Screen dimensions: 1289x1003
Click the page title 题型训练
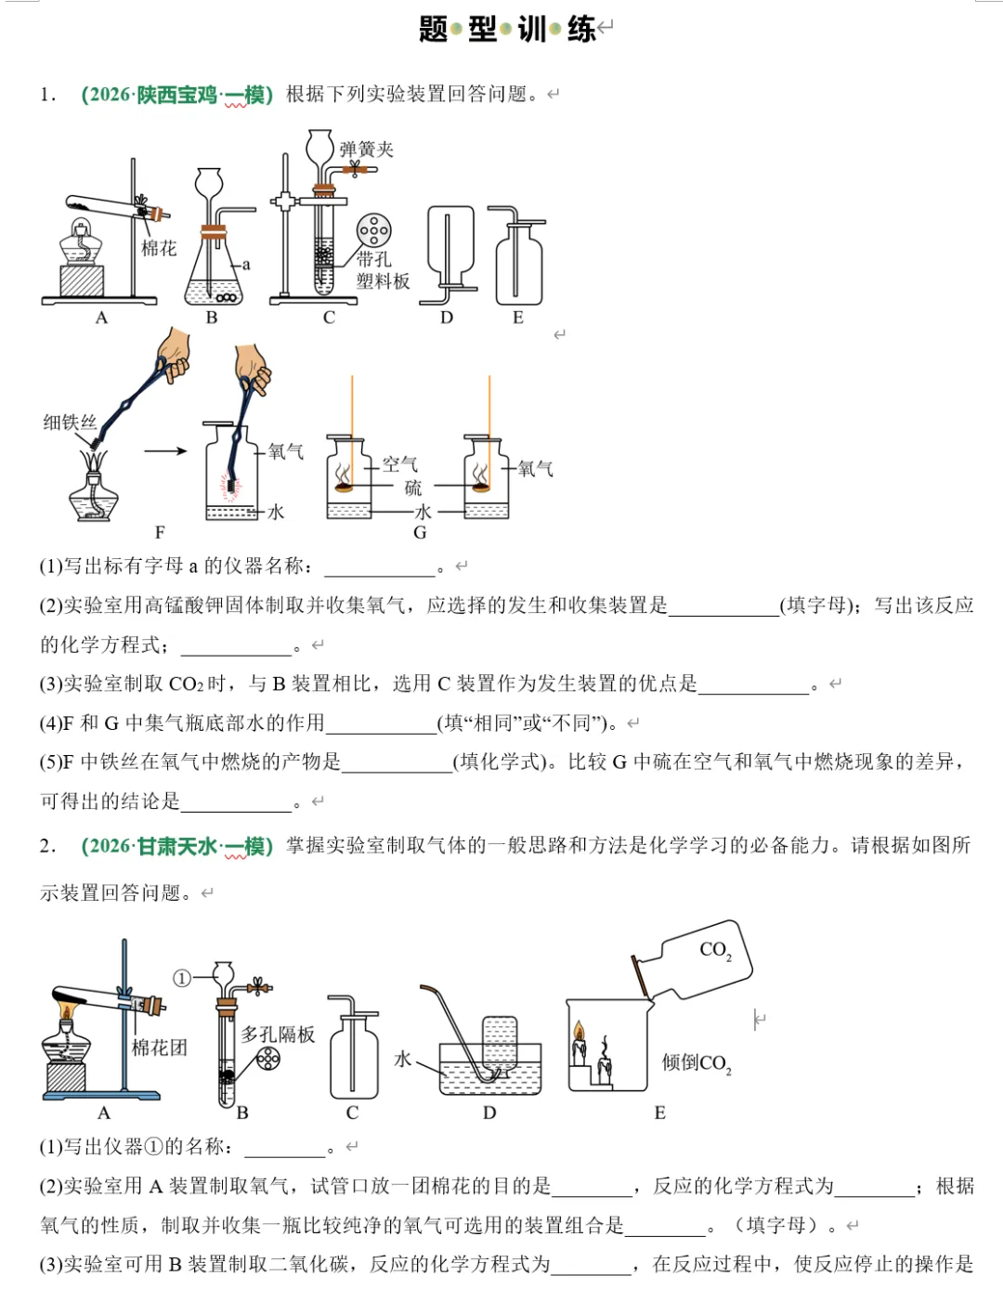pos(507,29)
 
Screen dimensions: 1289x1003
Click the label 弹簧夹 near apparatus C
pos(366,149)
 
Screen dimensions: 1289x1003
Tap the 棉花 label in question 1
pos(158,248)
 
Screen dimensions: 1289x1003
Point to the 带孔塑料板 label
pos(382,270)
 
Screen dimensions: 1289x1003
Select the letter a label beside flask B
pos(246,265)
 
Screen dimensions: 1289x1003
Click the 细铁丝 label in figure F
pos(70,423)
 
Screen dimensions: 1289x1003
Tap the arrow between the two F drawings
pos(166,452)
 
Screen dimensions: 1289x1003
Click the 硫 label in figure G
pos(412,488)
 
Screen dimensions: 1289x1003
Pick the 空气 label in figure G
pos(400,463)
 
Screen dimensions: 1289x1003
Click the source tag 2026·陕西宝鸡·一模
pos(176,95)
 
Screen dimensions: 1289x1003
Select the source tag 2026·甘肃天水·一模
pos(176,846)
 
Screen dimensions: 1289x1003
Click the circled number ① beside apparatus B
pos(182,978)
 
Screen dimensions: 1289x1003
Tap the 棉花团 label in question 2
pos(159,1048)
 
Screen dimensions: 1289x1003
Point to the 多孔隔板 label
pos(278,1034)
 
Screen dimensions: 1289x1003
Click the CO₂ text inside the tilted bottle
pos(715,950)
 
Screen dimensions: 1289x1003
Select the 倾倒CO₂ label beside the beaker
pos(696,1063)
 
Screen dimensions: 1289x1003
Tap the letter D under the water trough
pos(489,1113)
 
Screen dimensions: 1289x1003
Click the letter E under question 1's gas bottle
pos(518,318)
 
